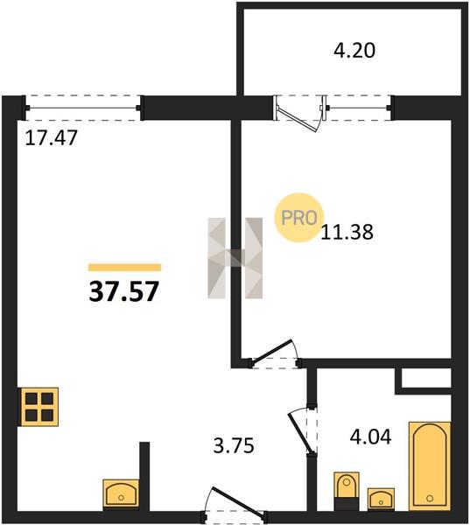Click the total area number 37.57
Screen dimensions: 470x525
coord(123,291)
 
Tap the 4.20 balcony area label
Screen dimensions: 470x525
coord(354,50)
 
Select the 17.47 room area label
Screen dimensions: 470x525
coord(52,137)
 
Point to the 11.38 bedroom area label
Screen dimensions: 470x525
coord(347,232)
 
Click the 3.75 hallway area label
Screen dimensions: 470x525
coord(234,445)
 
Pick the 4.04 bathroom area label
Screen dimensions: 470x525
coord(370,437)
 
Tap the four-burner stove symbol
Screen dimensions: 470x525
coord(39,407)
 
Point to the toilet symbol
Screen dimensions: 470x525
coord(347,491)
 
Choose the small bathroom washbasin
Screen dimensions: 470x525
coord(381,499)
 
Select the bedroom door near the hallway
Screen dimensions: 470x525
coord(273,353)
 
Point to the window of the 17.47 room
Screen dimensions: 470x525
coord(83,108)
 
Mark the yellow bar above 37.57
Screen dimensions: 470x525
coord(124,267)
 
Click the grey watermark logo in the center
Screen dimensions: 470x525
coord(235,258)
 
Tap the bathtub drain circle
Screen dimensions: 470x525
coord(430,499)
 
